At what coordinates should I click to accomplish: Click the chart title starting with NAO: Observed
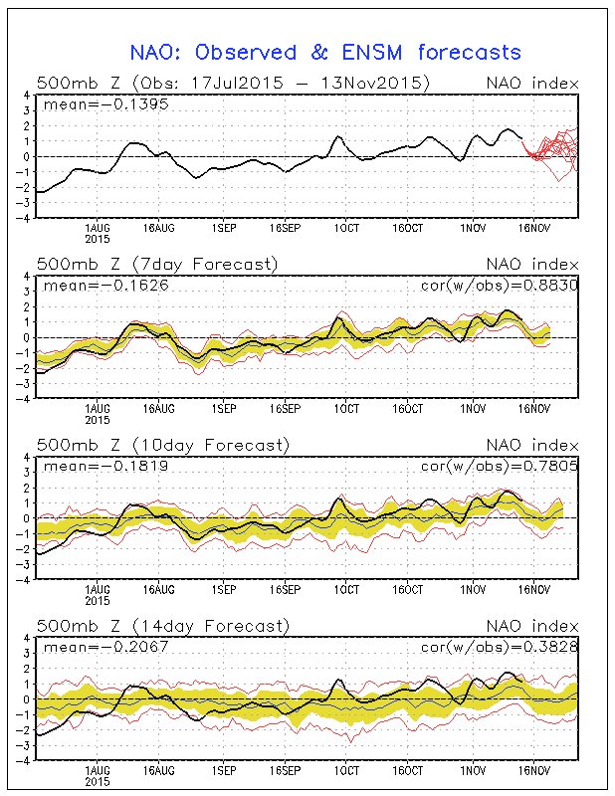[x=325, y=52]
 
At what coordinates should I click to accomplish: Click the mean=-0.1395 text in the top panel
[x=86, y=105]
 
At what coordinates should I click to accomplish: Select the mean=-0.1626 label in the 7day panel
[x=86, y=287]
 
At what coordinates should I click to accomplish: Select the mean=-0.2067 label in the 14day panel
[x=86, y=649]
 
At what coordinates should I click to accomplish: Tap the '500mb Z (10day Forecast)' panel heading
[x=162, y=445]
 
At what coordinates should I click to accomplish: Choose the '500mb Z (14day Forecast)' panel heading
[x=162, y=626]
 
